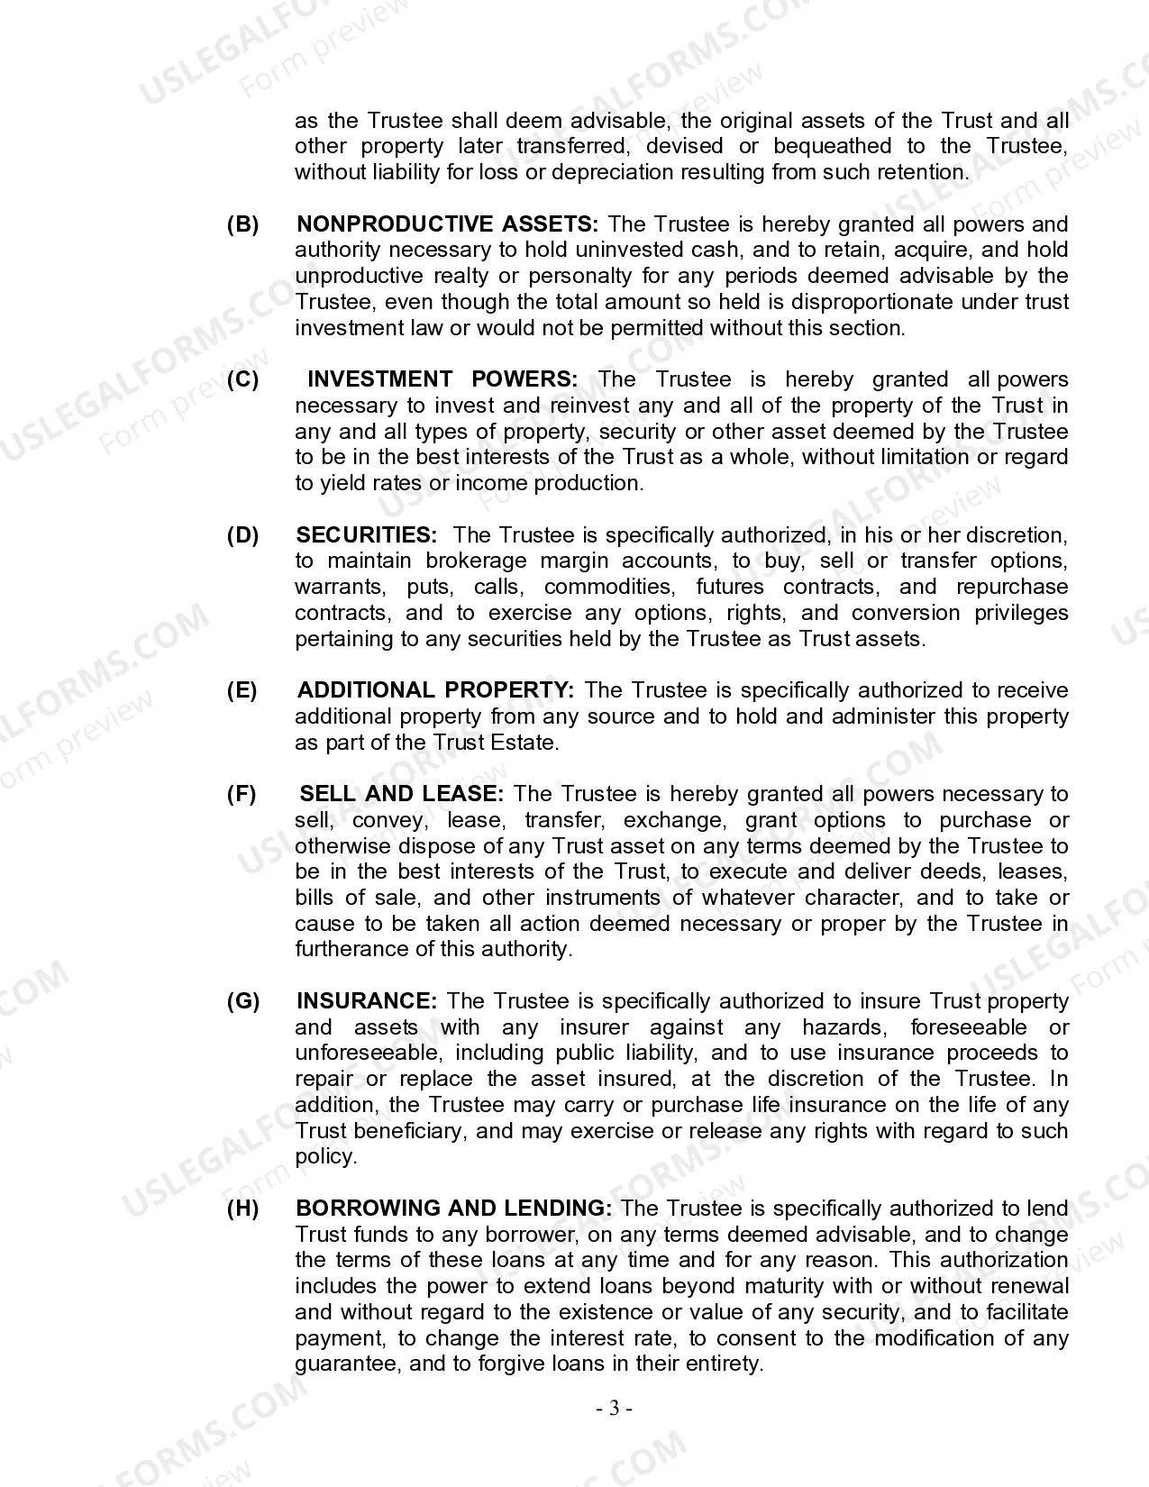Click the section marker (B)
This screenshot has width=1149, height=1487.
point(242,224)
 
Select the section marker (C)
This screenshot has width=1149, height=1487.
point(242,379)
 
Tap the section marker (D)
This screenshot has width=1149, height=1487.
point(242,535)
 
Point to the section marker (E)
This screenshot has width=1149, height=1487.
point(242,690)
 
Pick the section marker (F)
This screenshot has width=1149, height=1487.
point(242,794)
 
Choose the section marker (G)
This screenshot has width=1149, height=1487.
point(243,1001)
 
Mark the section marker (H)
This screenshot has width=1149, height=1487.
point(242,1209)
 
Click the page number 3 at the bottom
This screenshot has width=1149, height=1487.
point(614,1408)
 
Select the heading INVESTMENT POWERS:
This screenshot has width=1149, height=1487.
point(442,379)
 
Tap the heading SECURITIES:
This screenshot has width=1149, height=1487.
point(367,535)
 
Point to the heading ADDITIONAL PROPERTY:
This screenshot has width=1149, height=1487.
point(435,690)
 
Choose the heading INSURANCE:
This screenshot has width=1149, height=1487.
point(367,1001)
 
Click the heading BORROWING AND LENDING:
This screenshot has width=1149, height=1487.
point(454,1209)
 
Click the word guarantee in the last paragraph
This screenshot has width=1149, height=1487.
point(345,1364)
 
